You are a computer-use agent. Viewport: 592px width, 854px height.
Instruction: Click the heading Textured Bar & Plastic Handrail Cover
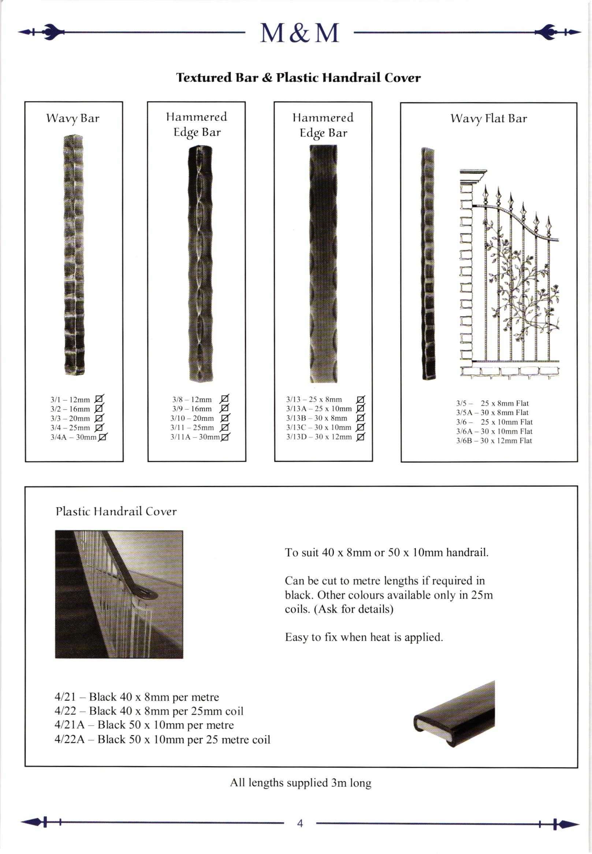pyautogui.click(x=298, y=78)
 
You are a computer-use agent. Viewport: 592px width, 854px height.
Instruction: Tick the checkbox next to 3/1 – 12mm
pyautogui.click(x=99, y=399)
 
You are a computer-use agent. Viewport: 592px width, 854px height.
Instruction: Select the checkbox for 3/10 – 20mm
pyautogui.click(x=224, y=418)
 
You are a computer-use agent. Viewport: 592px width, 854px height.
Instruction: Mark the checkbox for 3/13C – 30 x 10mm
pyautogui.click(x=360, y=427)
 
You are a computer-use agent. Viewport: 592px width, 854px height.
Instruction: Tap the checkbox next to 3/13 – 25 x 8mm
pyautogui.click(x=360, y=399)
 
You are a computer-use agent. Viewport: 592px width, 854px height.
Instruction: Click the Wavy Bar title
pyautogui.click(x=73, y=118)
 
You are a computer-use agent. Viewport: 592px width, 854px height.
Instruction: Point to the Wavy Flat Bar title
pyautogui.click(x=488, y=118)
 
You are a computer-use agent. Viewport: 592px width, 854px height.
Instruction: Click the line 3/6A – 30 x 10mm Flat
pyautogui.click(x=494, y=431)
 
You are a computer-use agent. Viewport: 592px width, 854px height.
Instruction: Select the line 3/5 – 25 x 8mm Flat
pyautogui.click(x=492, y=403)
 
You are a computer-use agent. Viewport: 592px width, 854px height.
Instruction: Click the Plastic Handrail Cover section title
pyautogui.click(x=116, y=512)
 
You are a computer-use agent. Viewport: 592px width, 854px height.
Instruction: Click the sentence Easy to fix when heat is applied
pyautogui.click(x=364, y=637)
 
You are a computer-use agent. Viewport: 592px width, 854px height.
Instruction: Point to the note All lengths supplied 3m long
pyautogui.click(x=301, y=783)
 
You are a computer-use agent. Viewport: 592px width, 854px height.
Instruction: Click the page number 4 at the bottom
pyautogui.click(x=300, y=824)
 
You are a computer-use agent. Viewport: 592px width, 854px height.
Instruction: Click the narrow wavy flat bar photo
pyautogui.click(x=428, y=264)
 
